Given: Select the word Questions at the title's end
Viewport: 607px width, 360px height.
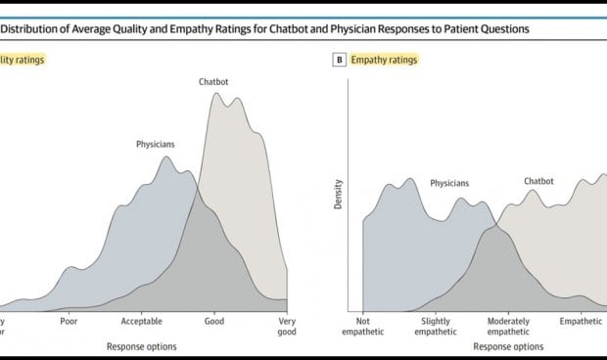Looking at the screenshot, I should (x=498, y=28).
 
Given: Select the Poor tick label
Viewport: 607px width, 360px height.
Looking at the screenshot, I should (x=69, y=320).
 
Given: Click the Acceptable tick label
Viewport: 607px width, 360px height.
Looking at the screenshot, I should (x=142, y=320).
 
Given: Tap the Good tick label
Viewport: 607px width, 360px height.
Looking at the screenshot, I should (x=214, y=320).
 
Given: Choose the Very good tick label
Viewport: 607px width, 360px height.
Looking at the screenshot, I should (x=287, y=326).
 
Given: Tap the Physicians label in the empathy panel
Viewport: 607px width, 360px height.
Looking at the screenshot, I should (x=449, y=183).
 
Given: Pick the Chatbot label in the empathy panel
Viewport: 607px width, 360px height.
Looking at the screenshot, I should (x=538, y=181).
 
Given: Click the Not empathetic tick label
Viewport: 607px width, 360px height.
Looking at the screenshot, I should (x=364, y=326).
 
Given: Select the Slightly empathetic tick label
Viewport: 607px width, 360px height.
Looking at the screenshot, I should (x=436, y=326).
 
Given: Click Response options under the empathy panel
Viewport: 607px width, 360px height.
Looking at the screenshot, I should (x=507, y=345).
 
